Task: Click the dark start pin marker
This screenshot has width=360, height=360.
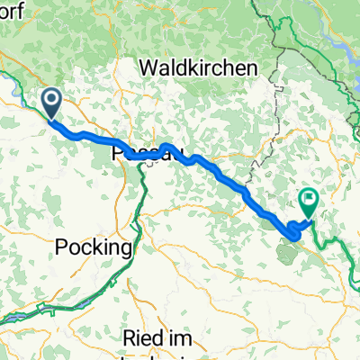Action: (52, 103)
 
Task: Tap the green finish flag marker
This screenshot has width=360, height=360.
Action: (309, 201)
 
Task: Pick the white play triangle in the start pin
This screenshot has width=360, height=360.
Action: (52, 101)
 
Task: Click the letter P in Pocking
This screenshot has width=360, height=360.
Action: (60, 246)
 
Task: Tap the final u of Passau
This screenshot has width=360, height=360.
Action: (166, 155)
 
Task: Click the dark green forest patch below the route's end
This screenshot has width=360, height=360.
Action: (290, 251)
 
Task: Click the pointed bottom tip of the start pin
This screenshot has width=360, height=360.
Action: (52, 120)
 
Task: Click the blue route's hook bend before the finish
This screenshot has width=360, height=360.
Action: (292, 236)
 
